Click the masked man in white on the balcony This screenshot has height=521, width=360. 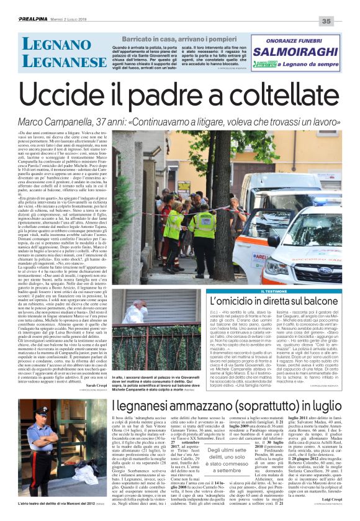point(139,305)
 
